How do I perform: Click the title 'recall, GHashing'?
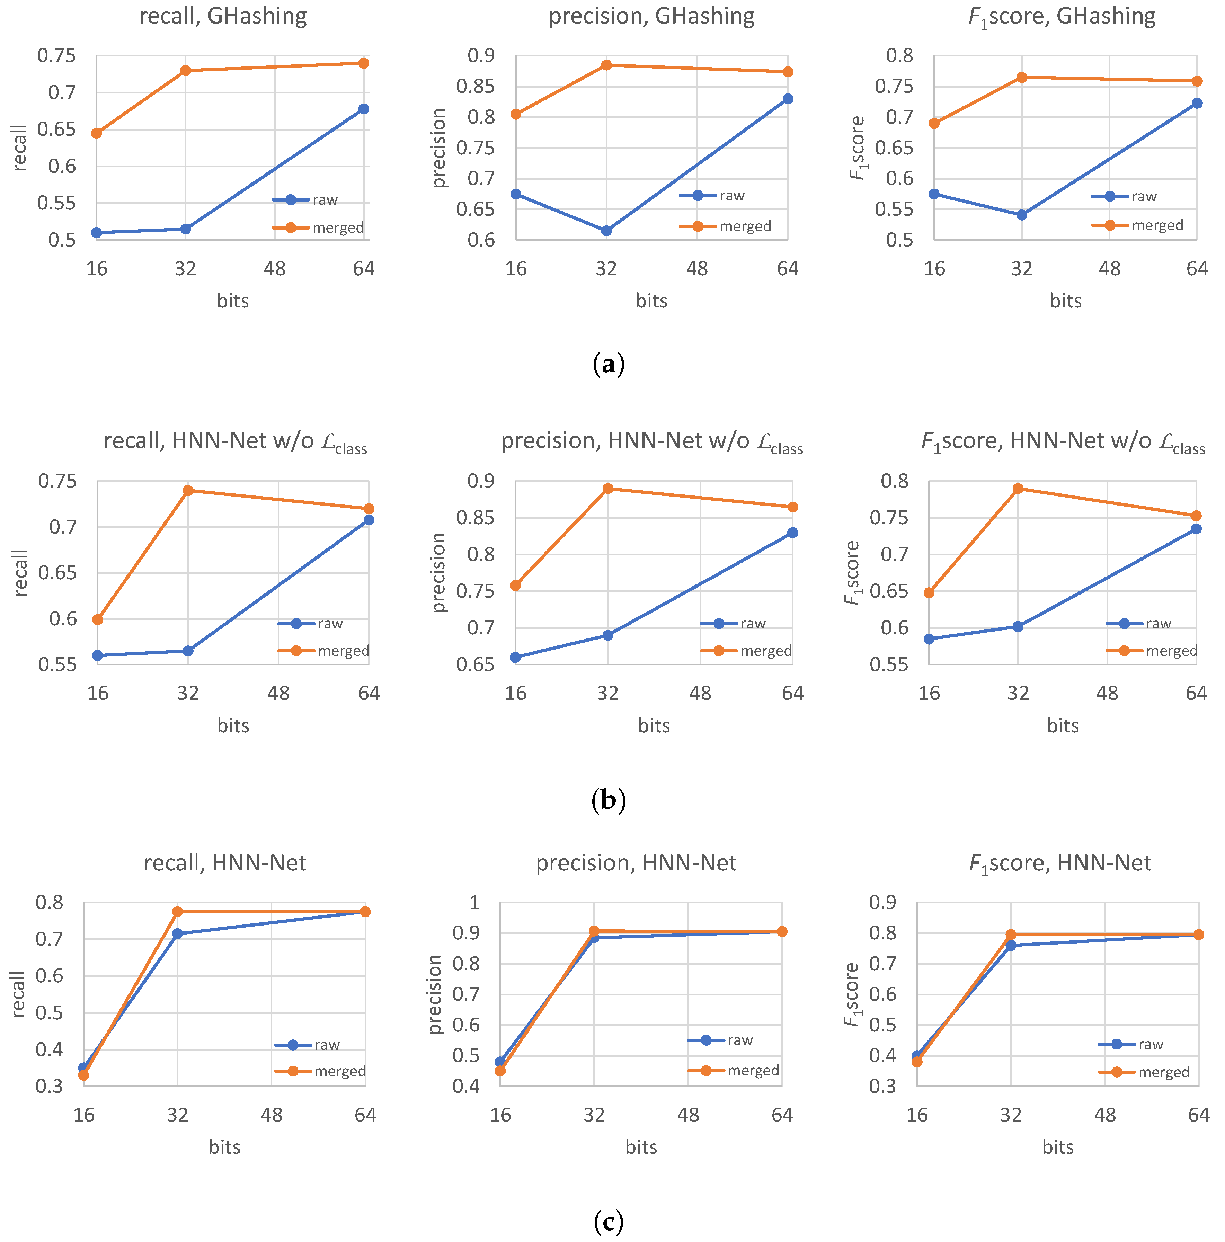pyautogui.click(x=223, y=16)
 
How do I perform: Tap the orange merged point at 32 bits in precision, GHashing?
pyautogui.click(x=606, y=65)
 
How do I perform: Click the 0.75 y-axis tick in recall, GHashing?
pyautogui.click(x=56, y=56)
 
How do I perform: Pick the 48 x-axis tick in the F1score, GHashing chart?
pyautogui.click(x=1109, y=269)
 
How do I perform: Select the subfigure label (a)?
pyautogui.click(x=608, y=365)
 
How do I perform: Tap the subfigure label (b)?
pyautogui.click(x=608, y=800)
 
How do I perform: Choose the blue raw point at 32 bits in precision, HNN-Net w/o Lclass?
pyautogui.click(x=608, y=635)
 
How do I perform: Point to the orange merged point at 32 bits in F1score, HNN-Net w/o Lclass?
pyautogui.click(x=1018, y=489)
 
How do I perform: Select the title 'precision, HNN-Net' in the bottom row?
pyautogui.click(x=636, y=863)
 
